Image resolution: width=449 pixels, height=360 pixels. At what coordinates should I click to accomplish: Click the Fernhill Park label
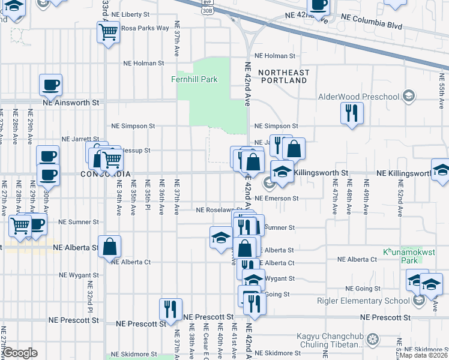193,79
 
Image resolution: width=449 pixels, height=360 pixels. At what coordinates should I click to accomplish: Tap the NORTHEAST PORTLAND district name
284,77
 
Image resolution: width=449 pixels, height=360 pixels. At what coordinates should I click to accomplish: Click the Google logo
20,353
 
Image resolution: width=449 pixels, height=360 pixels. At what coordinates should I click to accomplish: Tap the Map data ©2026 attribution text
424,355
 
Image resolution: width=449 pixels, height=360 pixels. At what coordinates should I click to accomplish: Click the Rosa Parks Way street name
145,28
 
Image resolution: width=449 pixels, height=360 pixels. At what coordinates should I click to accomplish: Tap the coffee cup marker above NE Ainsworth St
51,85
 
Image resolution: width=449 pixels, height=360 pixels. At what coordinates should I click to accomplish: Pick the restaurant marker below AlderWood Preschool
351,113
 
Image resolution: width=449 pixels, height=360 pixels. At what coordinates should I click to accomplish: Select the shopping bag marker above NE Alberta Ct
110,247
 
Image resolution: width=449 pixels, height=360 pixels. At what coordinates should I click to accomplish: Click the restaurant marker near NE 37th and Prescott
171,309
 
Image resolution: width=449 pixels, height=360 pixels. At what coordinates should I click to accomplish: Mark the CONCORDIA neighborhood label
106,174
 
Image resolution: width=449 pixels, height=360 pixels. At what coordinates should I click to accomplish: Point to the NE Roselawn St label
217,210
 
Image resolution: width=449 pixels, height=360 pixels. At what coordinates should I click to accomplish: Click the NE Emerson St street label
276,198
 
